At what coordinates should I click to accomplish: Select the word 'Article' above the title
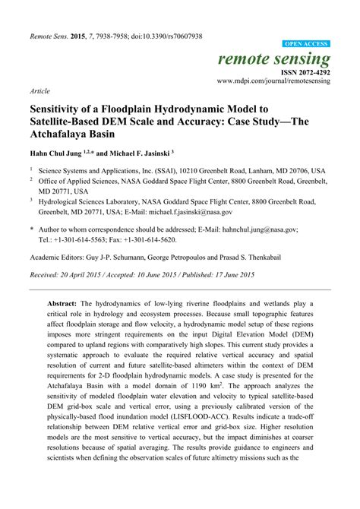[39, 90]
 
